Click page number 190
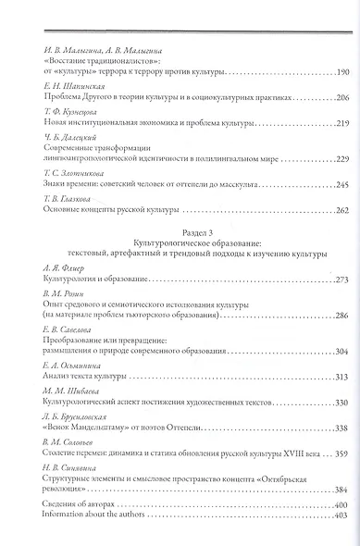point(338,72)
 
